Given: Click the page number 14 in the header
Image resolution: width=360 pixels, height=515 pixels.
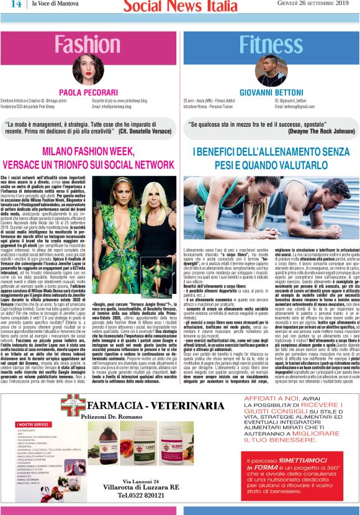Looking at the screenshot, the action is coord(15,5).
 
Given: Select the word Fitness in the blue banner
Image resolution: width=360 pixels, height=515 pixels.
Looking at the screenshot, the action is coord(269,44).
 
